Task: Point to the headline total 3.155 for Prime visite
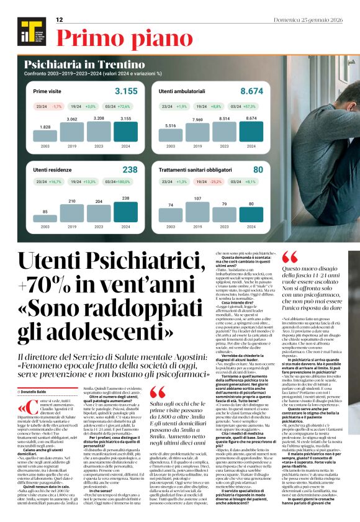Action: pyautogui.click(x=127, y=91)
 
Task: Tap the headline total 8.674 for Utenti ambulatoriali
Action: pyautogui.click(x=251, y=91)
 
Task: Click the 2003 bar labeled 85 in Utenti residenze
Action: pyautogui.click(x=45, y=219)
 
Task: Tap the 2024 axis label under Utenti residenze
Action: pyautogui.click(x=126, y=228)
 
